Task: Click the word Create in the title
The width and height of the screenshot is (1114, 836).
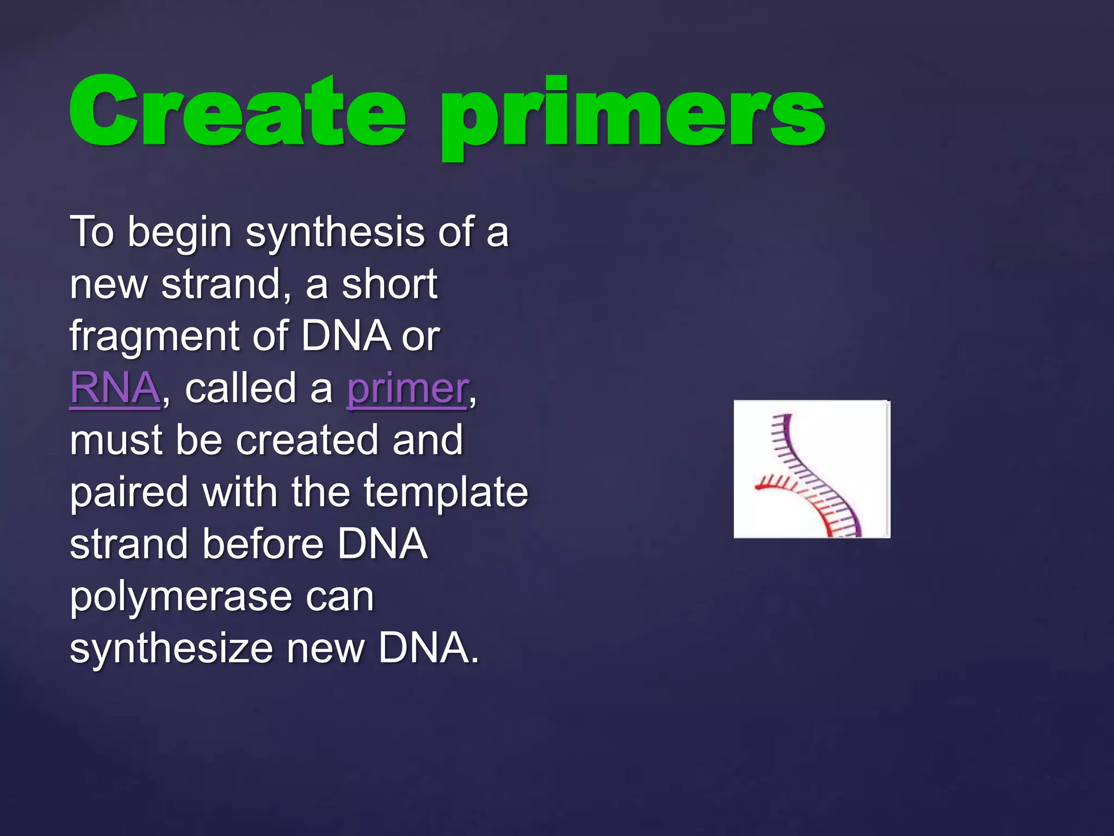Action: point(237,112)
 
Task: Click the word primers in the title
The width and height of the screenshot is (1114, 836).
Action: point(632,117)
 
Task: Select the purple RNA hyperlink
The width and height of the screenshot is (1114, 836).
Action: point(115,388)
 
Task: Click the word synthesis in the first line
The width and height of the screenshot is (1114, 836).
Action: point(335,232)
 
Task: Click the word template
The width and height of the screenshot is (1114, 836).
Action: point(445,492)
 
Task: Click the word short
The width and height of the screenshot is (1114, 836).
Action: point(389,284)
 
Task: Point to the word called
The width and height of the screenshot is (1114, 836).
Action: point(242,388)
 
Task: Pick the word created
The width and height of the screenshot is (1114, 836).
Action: point(308,440)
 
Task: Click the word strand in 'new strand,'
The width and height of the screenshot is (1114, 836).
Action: point(223,284)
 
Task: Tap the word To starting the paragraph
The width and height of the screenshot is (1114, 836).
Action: point(92,232)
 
